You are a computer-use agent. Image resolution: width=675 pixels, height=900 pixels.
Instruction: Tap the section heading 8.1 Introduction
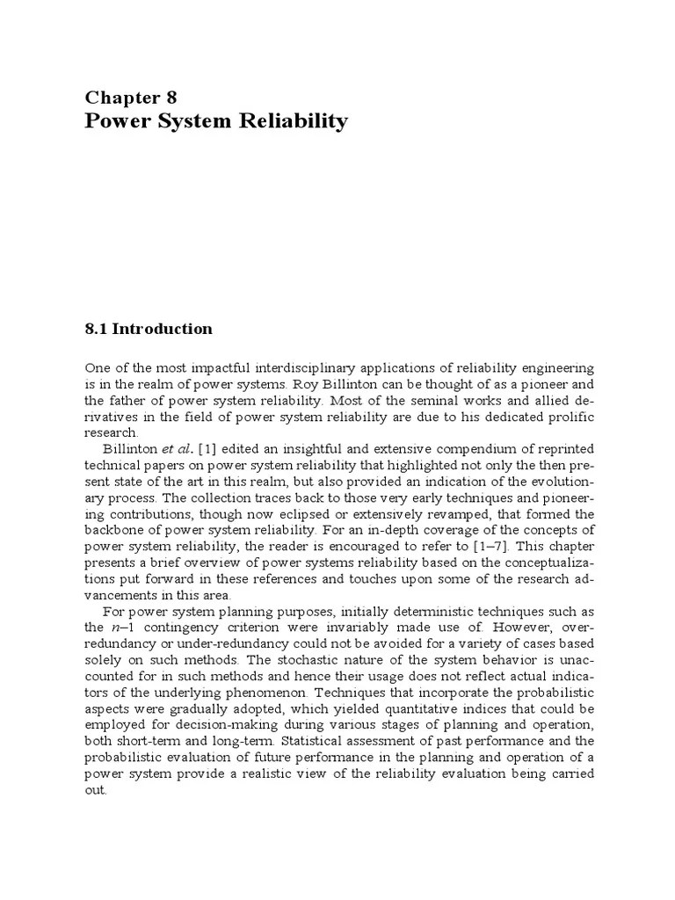pyautogui.click(x=149, y=329)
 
